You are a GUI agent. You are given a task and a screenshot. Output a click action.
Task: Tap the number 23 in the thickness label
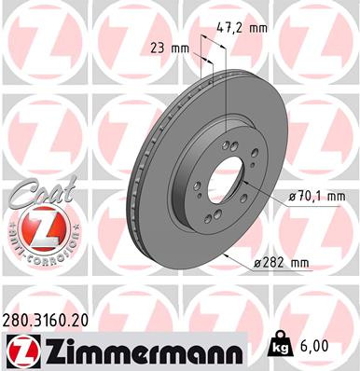[x=157, y=48]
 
